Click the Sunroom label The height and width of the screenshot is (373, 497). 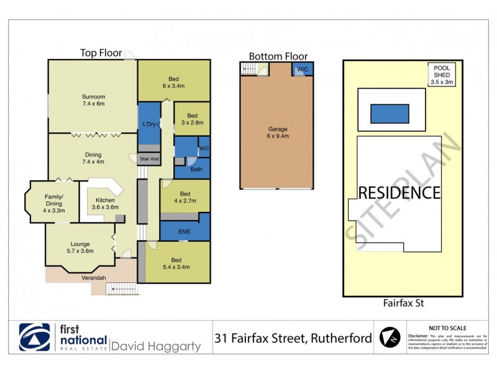tap(93, 101)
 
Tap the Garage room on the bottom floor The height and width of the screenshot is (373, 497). tap(277, 132)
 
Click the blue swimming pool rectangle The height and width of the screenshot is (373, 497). tap(390, 114)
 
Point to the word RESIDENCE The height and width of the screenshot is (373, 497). tap(399, 193)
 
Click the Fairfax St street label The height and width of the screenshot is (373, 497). tap(404, 303)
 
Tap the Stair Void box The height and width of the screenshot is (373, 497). tap(150, 159)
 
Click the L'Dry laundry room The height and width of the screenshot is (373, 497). tap(149, 125)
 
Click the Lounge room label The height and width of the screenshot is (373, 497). tap(80, 247)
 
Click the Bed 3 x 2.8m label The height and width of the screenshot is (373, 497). tap(192, 119)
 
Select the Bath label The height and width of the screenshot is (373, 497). tap(196, 169)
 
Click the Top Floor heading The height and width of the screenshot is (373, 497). tap(101, 53)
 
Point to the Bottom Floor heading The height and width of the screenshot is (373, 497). tap(278, 56)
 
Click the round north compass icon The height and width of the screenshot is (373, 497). tap(391, 338)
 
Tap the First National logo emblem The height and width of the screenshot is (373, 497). tap(34, 338)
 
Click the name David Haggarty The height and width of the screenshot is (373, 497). tap(156, 346)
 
